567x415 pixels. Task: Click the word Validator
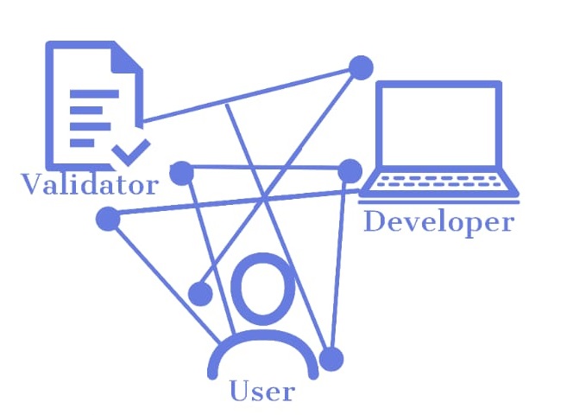click(90, 185)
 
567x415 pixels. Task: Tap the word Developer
click(438, 221)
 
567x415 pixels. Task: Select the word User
click(262, 392)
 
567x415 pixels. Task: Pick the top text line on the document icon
click(94, 93)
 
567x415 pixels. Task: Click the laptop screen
click(438, 124)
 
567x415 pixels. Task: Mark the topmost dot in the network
click(361, 67)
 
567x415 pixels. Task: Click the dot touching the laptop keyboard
click(350, 170)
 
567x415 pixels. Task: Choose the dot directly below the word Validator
click(108, 219)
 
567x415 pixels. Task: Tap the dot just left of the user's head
click(200, 294)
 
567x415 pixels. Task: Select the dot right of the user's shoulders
click(331, 359)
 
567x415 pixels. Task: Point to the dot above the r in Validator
click(180, 172)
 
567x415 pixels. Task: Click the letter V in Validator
click(33, 185)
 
